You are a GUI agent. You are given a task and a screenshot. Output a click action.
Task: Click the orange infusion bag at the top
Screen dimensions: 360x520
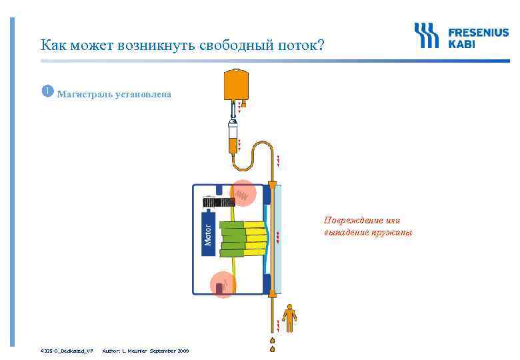coord(233,84)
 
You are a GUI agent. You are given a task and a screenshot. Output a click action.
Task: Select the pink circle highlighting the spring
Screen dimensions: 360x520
coord(243,195)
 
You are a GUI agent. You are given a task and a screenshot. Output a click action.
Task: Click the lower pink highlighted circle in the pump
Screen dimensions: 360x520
coord(223,285)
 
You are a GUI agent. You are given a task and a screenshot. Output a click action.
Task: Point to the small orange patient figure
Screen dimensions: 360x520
coord(289,317)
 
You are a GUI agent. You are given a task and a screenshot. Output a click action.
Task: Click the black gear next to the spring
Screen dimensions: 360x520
coord(217,201)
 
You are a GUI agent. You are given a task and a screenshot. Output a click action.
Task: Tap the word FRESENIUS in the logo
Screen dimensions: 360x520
coord(478,32)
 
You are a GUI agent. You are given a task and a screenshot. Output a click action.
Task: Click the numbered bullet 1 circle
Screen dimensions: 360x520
coord(47,91)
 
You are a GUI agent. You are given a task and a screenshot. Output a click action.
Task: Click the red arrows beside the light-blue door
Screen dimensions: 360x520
coord(277,235)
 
